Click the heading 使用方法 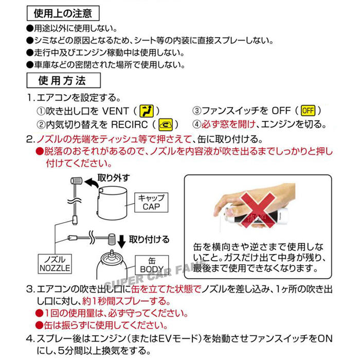pyautogui.click(x=62, y=81)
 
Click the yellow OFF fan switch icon pyautogui.click(x=308, y=111)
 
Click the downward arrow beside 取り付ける pyautogui.click(x=122, y=239)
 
